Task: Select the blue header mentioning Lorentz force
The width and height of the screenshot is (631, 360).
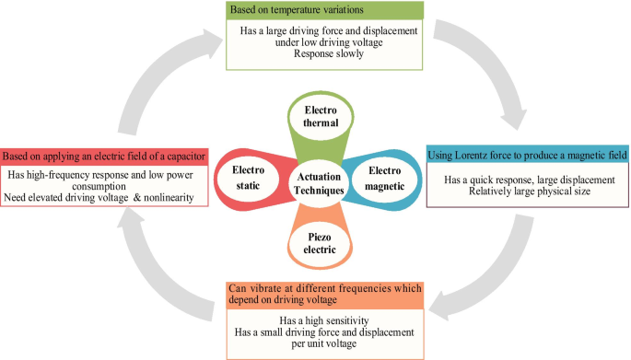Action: click(x=528, y=155)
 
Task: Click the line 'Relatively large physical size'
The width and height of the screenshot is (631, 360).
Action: click(x=528, y=191)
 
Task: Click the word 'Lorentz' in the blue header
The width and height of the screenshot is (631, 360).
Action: click(x=485, y=155)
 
